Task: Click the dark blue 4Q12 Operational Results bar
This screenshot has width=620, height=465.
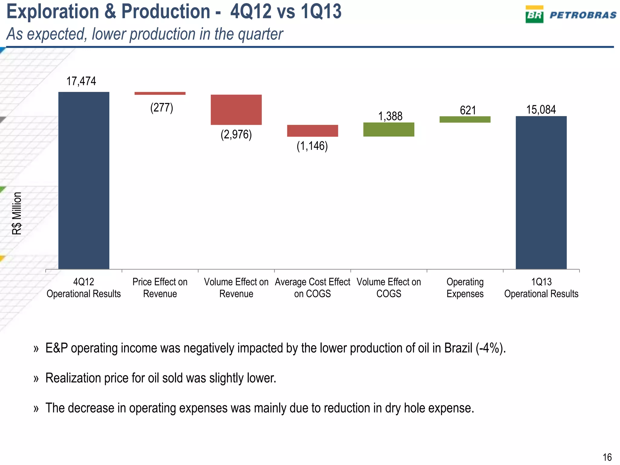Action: pos(84,180)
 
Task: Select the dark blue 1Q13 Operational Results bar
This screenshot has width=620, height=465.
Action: pos(541,193)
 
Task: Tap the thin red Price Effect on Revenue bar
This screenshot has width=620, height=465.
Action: pos(160,93)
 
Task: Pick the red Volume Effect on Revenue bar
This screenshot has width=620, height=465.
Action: pos(236,110)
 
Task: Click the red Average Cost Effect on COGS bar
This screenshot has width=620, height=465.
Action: pos(312,131)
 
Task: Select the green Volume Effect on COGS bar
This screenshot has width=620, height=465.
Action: pos(389,130)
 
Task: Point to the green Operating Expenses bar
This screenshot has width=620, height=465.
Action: pos(465,119)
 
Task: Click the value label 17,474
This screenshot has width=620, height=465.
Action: pos(81,81)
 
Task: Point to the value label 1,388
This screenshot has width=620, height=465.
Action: pos(390,116)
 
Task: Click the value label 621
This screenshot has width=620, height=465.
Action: pos(468,110)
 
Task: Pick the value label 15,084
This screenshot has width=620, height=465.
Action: pos(541,110)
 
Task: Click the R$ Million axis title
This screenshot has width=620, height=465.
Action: pos(17,213)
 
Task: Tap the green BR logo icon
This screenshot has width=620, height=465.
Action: pos(534,15)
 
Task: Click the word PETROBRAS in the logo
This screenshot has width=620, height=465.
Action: pos(583,15)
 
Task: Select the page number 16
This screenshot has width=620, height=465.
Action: pos(607,457)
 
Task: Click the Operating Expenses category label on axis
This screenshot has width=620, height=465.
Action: pos(465,288)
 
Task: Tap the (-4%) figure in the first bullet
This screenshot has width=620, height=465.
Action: pos(490,348)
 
